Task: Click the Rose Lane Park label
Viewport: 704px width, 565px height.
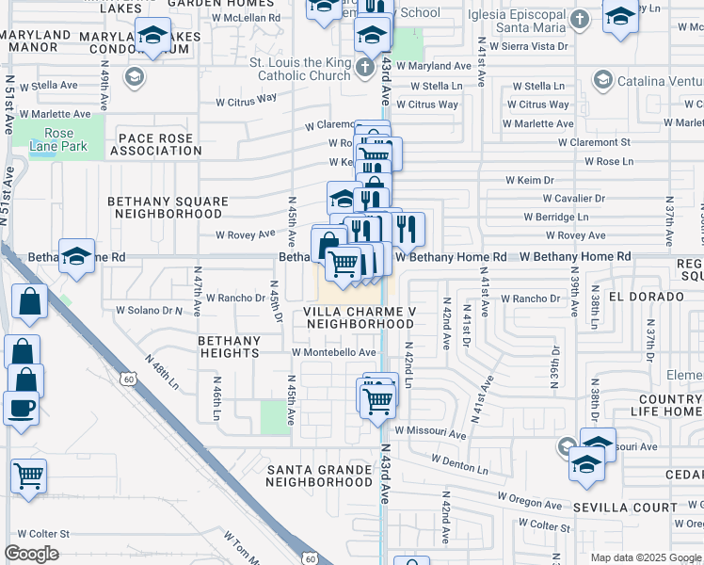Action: coord(58,140)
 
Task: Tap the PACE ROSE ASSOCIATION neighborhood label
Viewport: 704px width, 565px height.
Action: coord(155,144)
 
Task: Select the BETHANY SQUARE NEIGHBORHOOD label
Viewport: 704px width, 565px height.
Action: coord(168,207)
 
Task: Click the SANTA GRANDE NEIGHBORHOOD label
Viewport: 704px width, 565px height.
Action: coord(319,476)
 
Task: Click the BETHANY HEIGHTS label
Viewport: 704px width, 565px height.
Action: coord(229,347)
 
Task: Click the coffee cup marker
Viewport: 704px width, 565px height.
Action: coord(21,409)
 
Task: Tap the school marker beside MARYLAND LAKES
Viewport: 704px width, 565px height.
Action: coord(152,37)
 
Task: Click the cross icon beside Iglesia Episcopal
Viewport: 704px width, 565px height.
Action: coord(582,19)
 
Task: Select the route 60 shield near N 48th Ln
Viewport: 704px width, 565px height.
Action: coord(127,378)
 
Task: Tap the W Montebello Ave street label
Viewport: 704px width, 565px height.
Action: coord(333,352)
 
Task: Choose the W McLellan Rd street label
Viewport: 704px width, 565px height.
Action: coord(246,17)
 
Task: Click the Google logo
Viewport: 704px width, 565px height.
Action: coord(31,554)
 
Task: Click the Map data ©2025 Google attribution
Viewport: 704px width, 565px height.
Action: coord(645,557)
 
